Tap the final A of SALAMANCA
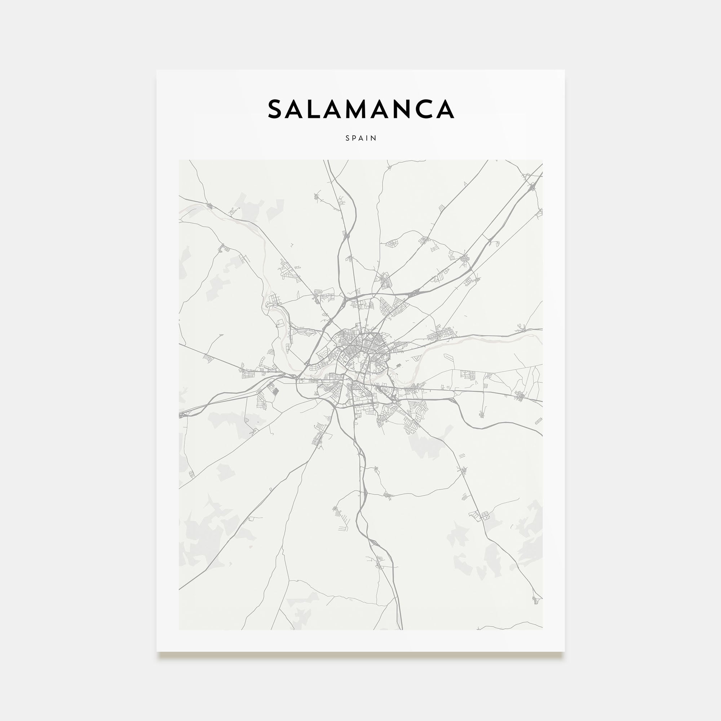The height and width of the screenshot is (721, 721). click(445, 109)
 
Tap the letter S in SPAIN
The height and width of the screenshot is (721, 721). click(348, 138)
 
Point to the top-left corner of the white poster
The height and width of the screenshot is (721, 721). click(157, 70)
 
